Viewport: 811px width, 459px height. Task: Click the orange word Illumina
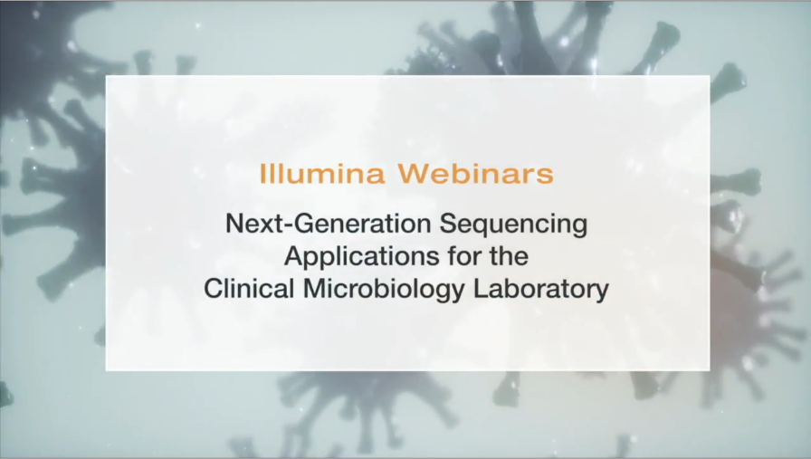315,173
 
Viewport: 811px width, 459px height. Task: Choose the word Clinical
243,289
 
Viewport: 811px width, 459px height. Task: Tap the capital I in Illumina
263,173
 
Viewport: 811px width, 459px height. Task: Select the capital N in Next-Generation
234,225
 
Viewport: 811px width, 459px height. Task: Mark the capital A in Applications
292,256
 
